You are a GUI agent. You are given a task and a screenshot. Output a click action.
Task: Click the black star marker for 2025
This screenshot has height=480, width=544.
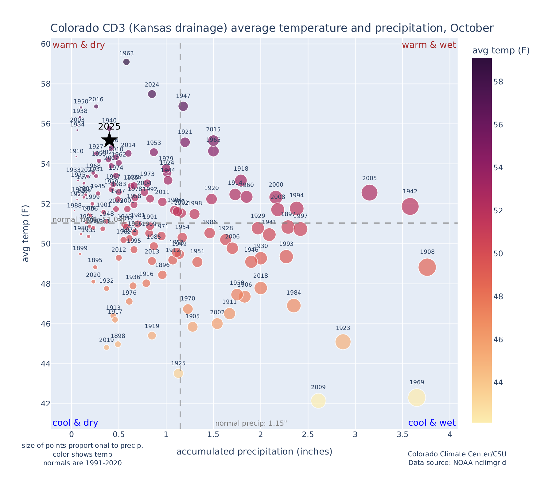(109, 140)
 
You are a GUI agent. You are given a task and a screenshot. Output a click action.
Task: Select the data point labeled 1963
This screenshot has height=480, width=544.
(126, 62)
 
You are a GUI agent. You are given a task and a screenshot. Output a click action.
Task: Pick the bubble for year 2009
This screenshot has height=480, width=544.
(318, 401)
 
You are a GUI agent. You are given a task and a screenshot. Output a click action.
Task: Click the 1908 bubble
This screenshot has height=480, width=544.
(427, 267)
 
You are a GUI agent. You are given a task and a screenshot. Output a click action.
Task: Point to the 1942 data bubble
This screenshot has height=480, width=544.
(410, 206)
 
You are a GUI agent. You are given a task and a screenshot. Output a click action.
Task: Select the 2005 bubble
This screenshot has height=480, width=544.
(369, 193)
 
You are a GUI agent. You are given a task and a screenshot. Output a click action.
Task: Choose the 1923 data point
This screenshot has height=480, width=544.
(343, 342)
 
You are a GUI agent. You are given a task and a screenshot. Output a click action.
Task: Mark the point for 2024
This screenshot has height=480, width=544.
(152, 94)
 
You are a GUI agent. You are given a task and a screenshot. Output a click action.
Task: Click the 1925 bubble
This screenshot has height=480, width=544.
(178, 373)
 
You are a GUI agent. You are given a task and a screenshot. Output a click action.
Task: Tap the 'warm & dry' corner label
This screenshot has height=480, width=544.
(79, 45)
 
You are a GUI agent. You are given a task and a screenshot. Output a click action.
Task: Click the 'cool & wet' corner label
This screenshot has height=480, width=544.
(432, 423)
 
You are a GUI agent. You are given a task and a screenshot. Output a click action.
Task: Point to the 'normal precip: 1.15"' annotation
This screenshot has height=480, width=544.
(251, 424)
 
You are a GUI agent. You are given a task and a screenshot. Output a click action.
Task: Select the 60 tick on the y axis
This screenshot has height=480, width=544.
(45, 44)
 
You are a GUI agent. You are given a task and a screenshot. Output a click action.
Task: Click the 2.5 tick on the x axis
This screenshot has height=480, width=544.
(308, 435)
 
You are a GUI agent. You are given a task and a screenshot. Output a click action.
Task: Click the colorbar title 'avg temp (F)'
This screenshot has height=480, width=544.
(501, 51)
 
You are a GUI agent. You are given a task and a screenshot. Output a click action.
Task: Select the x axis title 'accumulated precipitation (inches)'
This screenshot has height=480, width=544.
(254, 451)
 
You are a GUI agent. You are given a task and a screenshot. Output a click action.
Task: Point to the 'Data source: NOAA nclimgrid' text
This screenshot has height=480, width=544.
(457, 463)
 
